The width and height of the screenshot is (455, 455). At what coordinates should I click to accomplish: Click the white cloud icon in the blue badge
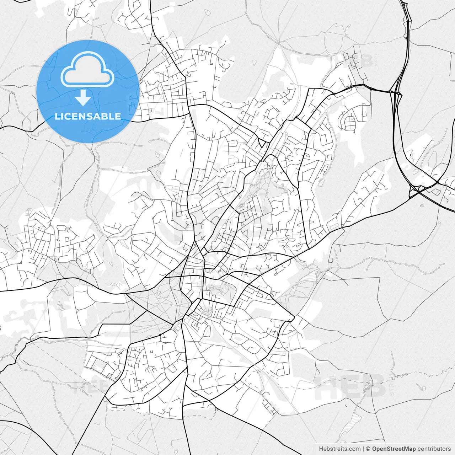(x=87, y=70)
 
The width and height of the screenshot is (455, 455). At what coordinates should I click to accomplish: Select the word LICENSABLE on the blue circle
(x=88, y=116)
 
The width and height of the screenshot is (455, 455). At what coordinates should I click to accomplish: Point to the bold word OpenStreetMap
(x=394, y=449)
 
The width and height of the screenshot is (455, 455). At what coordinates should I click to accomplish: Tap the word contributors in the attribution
(x=434, y=449)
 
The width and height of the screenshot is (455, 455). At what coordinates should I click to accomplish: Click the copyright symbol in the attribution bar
(x=368, y=449)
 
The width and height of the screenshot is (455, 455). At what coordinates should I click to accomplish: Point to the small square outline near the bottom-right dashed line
(x=423, y=387)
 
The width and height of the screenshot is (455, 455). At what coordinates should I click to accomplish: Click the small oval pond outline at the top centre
(x=254, y=63)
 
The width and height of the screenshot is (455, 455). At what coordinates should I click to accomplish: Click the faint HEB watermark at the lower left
(x=89, y=386)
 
